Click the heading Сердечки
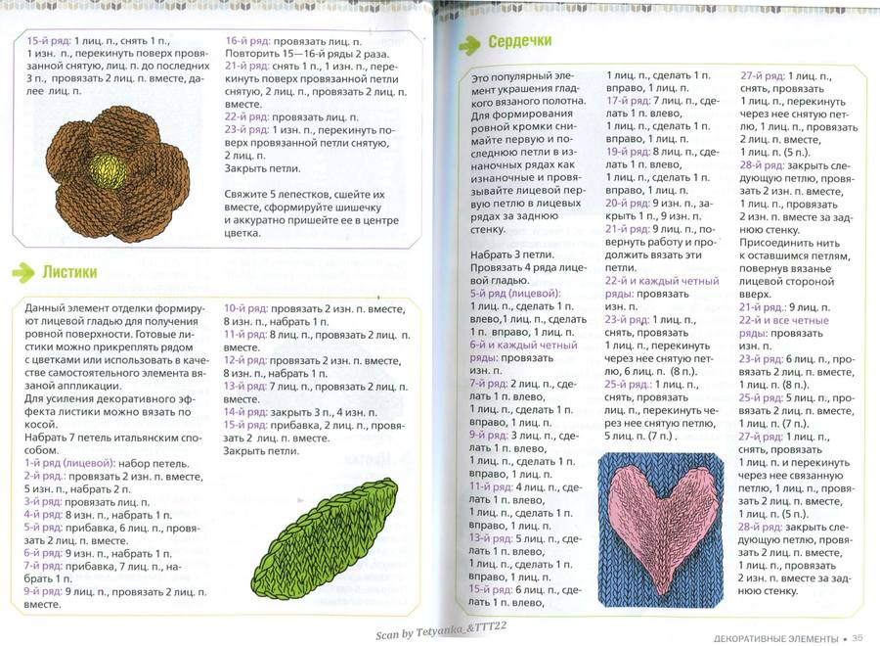point(522,43)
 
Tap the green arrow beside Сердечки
point(470,43)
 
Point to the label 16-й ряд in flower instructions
point(247,41)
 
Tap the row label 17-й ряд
point(626,101)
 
